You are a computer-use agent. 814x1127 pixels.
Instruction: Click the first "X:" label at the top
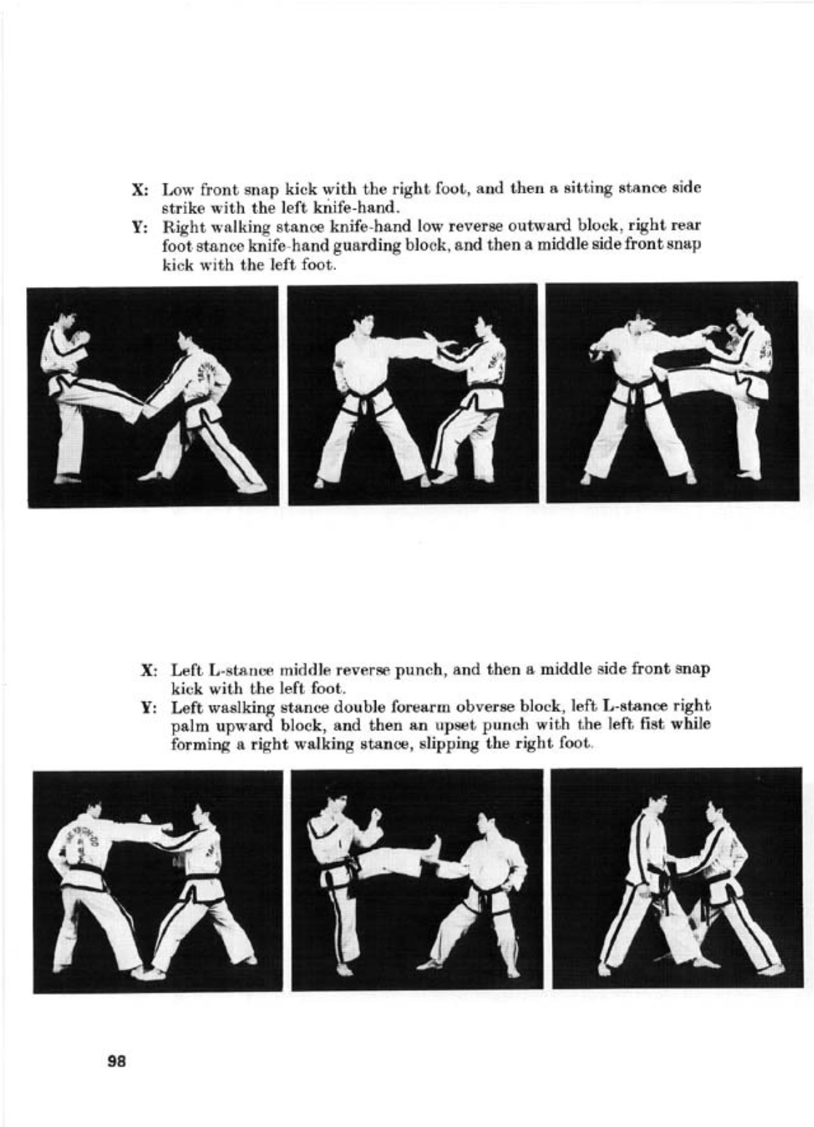[139, 190]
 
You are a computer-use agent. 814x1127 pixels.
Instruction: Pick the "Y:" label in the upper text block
[139, 227]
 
